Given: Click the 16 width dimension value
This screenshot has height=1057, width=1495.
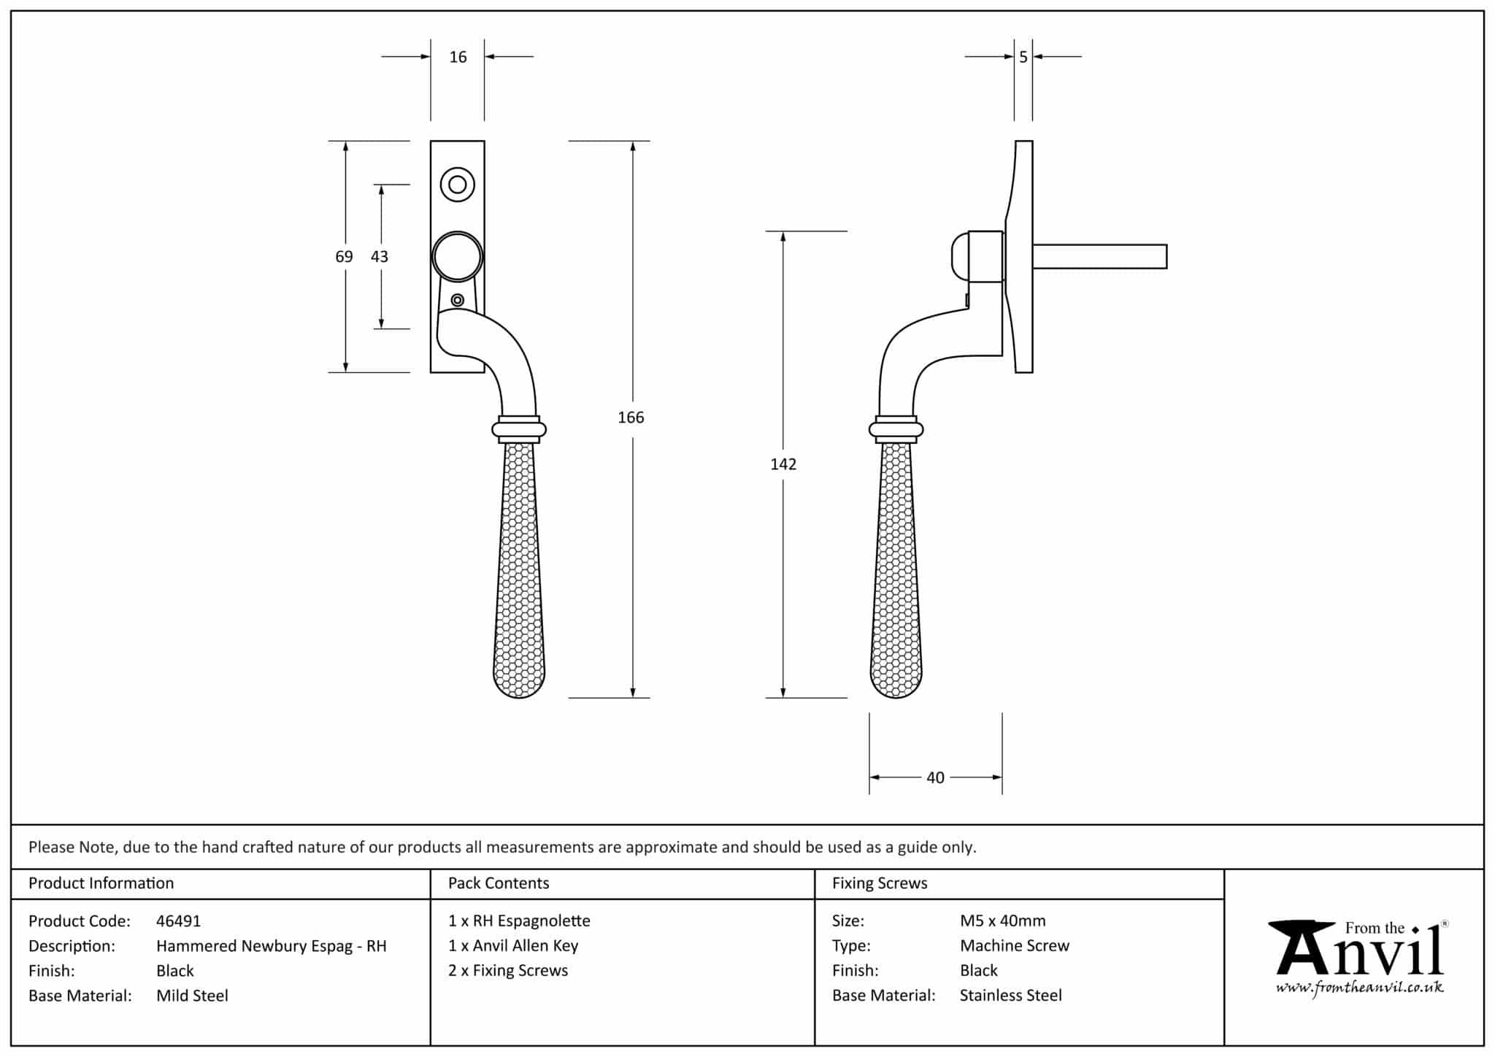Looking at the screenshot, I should tap(458, 57).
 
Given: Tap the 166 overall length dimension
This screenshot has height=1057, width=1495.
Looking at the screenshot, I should tap(631, 418).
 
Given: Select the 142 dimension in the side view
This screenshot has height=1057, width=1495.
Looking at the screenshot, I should tap(783, 464).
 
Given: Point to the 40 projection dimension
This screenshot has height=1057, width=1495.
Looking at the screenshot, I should tap(935, 778).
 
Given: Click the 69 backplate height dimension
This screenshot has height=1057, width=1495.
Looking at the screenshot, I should tap(344, 257).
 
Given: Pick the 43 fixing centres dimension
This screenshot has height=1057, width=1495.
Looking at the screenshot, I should tap(380, 257).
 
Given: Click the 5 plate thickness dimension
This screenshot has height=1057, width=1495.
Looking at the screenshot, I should tap(1023, 57).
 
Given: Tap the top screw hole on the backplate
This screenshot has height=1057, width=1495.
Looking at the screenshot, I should tap(458, 185).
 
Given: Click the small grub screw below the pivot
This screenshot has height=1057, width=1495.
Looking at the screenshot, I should tap(458, 300).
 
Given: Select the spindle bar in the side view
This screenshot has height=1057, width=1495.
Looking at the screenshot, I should tap(1099, 256).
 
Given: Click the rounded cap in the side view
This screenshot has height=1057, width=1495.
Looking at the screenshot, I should tap(961, 256).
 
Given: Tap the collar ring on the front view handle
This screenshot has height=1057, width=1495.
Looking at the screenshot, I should tap(519, 429).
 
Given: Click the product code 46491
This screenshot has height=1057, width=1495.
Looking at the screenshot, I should tap(178, 921).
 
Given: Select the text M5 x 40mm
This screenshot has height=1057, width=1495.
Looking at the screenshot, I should tap(1003, 921).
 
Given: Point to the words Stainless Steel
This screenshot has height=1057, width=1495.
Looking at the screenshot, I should tap(1011, 996).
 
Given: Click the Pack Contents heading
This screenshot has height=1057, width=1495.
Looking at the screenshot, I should tap(499, 883).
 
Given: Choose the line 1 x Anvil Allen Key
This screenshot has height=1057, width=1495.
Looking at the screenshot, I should tap(513, 946).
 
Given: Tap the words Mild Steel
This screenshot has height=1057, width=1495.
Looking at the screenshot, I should tap(192, 996).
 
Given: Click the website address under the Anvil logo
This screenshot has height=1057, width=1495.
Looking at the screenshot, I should tap(1359, 988).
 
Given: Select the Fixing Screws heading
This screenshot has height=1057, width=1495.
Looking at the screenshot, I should tap(880, 883).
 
